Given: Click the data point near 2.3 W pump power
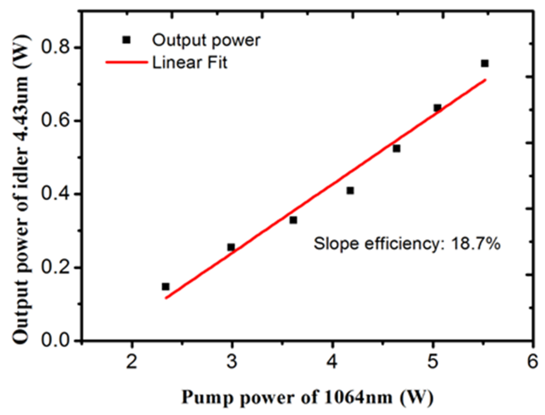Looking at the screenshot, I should [x=165, y=286].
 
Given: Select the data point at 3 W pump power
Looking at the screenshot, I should [x=231, y=247].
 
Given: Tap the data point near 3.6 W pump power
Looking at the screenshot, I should [x=293, y=220].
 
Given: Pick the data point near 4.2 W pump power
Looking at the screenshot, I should [x=350, y=190].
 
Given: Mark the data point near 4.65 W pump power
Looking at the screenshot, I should [x=397, y=149].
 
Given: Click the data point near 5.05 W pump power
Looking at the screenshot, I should [x=437, y=108].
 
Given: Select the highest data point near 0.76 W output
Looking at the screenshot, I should [x=485, y=63].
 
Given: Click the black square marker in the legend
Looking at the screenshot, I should [x=126, y=40].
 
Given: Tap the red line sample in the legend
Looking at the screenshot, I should [x=127, y=62].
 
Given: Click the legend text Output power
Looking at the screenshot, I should [x=206, y=40].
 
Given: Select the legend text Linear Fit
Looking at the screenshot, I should [x=190, y=63].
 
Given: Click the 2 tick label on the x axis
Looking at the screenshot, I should [x=132, y=361].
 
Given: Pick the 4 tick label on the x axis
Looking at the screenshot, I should [x=332, y=361].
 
